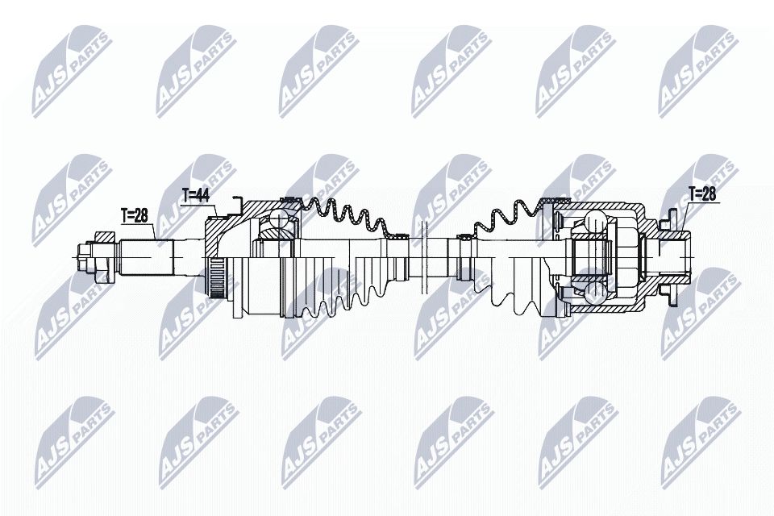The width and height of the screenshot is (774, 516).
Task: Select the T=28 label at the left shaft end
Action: [x=135, y=215]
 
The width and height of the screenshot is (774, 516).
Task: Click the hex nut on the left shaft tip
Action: [x=85, y=257]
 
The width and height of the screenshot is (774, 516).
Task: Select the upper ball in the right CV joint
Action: [x=594, y=220]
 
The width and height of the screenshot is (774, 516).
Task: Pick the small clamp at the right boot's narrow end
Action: [x=464, y=238]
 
